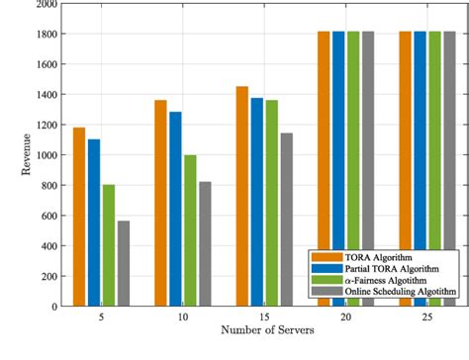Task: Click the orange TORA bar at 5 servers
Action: point(79,217)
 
